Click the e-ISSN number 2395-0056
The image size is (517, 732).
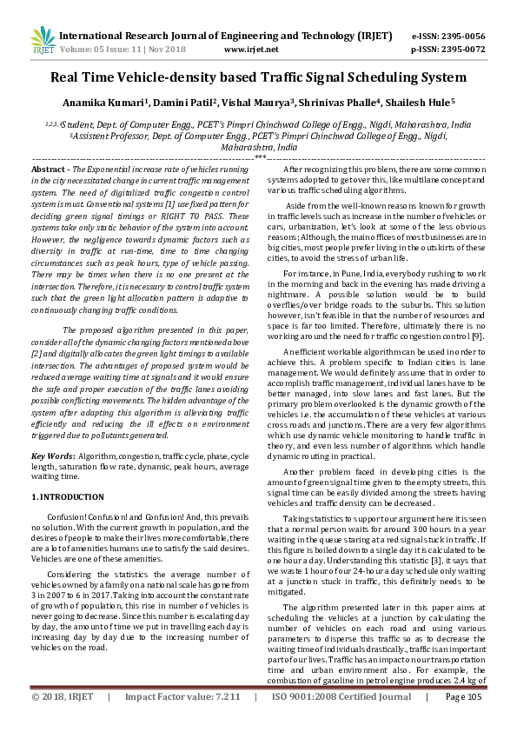pyautogui.click(x=459, y=37)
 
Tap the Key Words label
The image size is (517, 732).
pyautogui.click(x=52, y=456)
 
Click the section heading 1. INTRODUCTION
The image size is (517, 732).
pyautogui.click(x=68, y=496)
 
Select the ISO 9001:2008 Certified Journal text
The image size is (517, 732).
pyautogui.click(x=348, y=722)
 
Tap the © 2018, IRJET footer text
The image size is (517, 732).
pyautogui.click(x=61, y=722)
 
